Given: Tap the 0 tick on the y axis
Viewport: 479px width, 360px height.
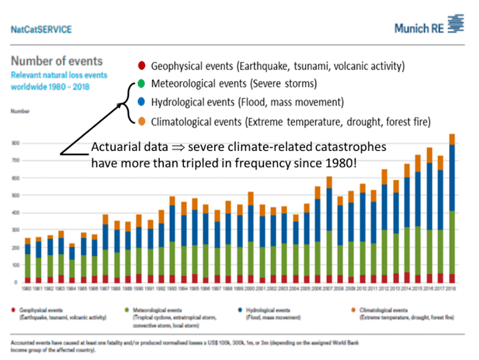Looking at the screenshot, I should [17, 282].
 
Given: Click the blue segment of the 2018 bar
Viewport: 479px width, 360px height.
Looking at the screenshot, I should [452, 177].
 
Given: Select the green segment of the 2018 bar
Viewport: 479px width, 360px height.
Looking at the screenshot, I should [452, 242].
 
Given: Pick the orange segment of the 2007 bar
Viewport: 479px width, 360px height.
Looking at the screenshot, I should [330, 182].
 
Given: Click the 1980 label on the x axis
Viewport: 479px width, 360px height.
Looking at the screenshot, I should [27, 288].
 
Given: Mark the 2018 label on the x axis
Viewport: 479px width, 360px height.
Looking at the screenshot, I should [452, 288].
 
